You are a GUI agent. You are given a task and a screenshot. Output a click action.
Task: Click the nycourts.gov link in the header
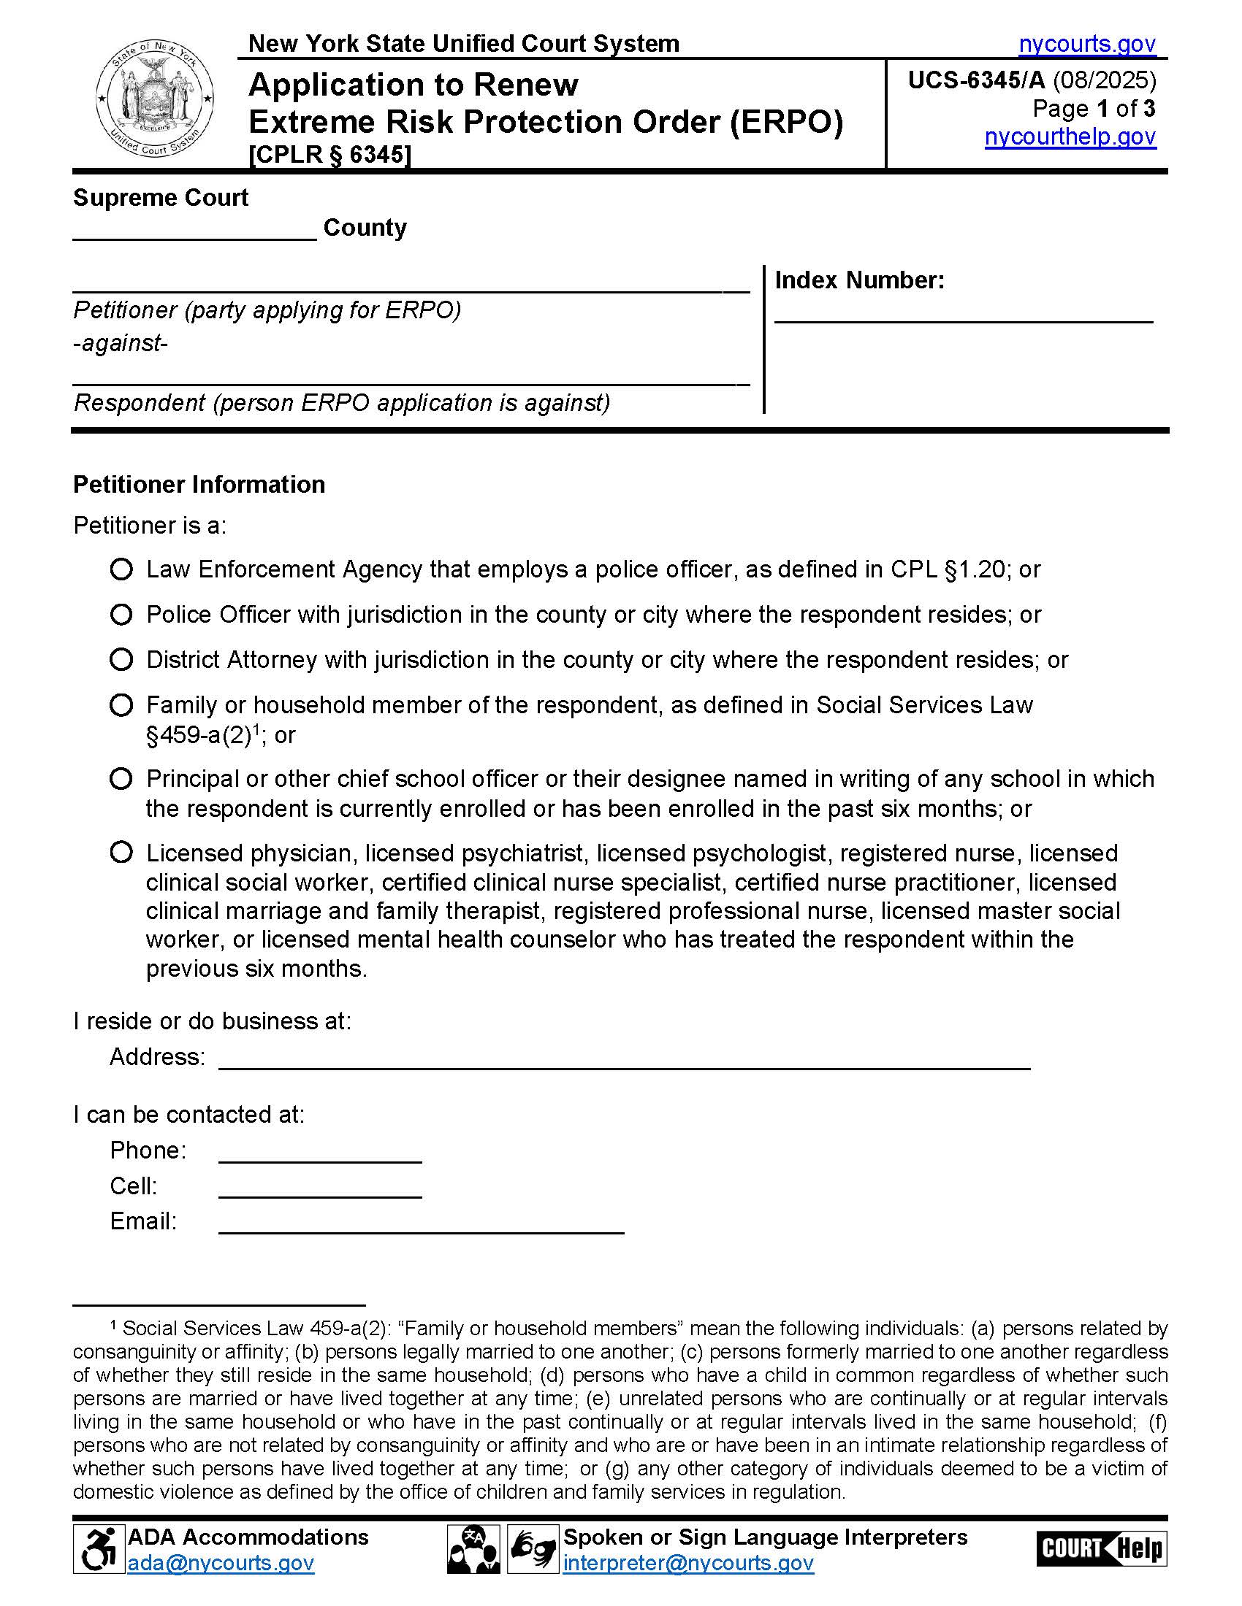pos(1087,44)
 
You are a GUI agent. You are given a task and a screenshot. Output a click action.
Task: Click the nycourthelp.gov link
pos(1070,137)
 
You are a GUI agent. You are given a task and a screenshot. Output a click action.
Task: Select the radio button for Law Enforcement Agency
pos(121,569)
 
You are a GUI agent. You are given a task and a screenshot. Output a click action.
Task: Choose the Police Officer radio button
pos(121,614)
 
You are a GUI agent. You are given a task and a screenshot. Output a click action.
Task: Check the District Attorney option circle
pos(121,660)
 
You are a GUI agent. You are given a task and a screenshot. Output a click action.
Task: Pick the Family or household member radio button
pos(121,705)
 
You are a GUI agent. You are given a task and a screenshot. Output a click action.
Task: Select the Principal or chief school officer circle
pos(121,779)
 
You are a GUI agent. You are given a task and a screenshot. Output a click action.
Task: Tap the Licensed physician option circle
pos(121,853)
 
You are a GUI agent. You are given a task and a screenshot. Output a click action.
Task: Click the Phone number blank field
pos(320,1152)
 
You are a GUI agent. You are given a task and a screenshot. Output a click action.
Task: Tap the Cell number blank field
pos(320,1188)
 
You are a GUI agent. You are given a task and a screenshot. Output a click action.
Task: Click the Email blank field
pos(421,1223)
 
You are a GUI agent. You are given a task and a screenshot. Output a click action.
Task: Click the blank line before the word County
pos(195,229)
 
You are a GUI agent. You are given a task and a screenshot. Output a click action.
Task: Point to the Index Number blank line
pos(963,312)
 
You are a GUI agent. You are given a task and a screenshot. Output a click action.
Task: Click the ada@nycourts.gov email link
pos(221,1563)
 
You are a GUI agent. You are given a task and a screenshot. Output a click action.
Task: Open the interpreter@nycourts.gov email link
pos(688,1563)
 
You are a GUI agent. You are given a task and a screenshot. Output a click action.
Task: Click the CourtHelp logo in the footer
pos(1102,1549)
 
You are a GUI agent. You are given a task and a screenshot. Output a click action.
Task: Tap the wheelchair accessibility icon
pos(99,1549)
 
